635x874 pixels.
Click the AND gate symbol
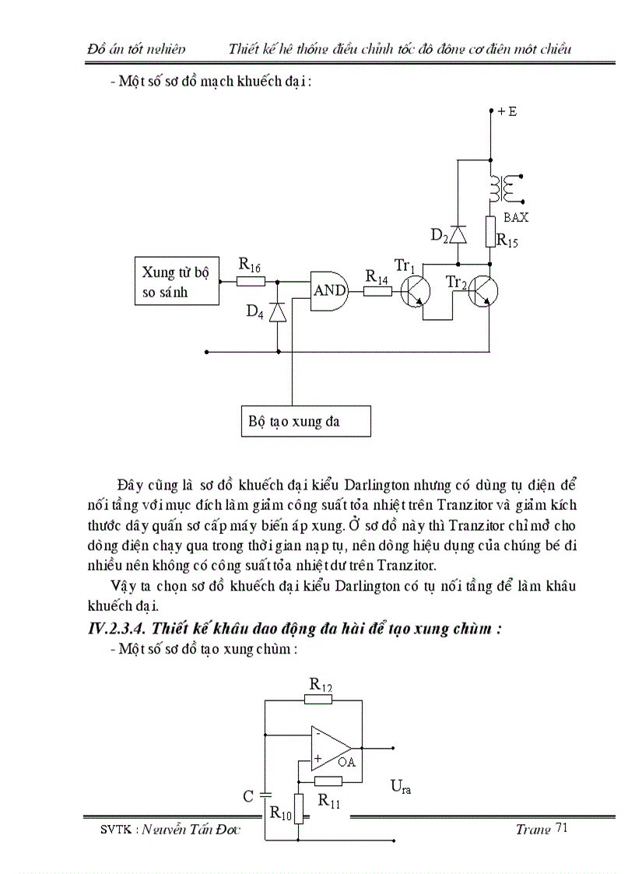tap(328, 291)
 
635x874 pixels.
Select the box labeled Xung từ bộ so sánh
tap(175, 282)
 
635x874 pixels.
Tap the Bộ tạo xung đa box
tap(304, 421)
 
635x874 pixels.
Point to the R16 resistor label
tap(249, 264)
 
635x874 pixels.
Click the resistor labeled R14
tap(377, 291)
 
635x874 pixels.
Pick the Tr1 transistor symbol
tap(417, 292)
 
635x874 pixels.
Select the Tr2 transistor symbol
tap(482, 292)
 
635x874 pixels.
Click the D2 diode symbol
tap(458, 233)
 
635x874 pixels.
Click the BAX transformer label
tap(515, 218)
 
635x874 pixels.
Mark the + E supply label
tap(507, 111)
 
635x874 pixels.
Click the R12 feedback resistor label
tap(320, 685)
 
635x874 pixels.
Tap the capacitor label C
tap(248, 796)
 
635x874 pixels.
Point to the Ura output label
tap(400, 788)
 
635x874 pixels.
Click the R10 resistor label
tap(280, 813)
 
